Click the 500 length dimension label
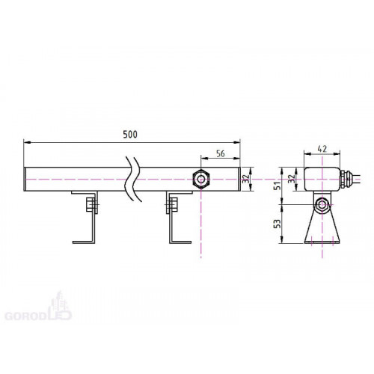click(x=130, y=135)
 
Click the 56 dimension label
click(x=221, y=153)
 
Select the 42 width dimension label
click(x=322, y=149)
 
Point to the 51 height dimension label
click(x=278, y=186)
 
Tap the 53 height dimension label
click(x=278, y=224)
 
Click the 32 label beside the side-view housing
click(x=291, y=179)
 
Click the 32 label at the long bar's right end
click(x=246, y=179)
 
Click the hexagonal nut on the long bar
click(x=201, y=179)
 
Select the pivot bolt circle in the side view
click(x=322, y=205)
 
